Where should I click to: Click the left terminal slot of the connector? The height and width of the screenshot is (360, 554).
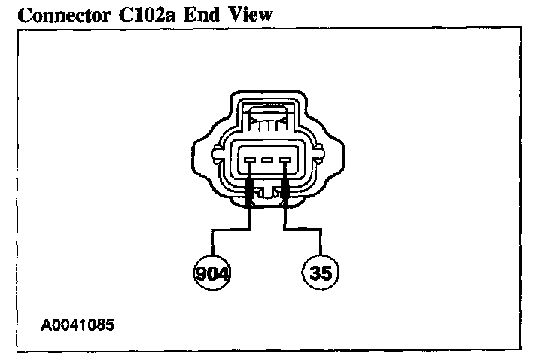(249, 160)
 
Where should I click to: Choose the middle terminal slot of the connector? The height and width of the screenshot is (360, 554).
(266, 160)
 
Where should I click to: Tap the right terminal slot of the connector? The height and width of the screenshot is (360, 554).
(284, 160)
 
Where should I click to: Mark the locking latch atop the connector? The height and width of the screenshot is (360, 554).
(267, 117)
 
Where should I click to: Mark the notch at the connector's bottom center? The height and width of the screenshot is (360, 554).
(267, 194)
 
